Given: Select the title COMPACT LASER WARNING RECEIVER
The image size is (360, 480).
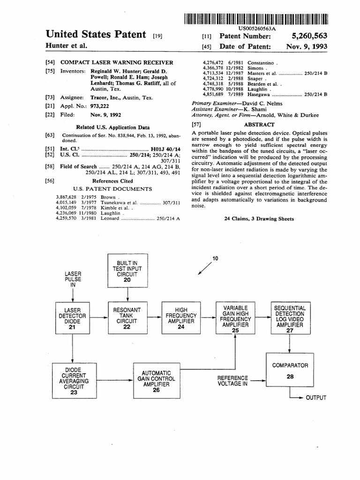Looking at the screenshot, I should [117, 62].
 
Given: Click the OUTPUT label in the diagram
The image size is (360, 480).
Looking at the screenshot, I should [316, 398].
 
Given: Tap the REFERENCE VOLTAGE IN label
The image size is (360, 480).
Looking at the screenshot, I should [232, 381].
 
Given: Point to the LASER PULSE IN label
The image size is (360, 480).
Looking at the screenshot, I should [73, 278].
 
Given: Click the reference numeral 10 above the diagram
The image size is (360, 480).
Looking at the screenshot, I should [215, 258].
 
